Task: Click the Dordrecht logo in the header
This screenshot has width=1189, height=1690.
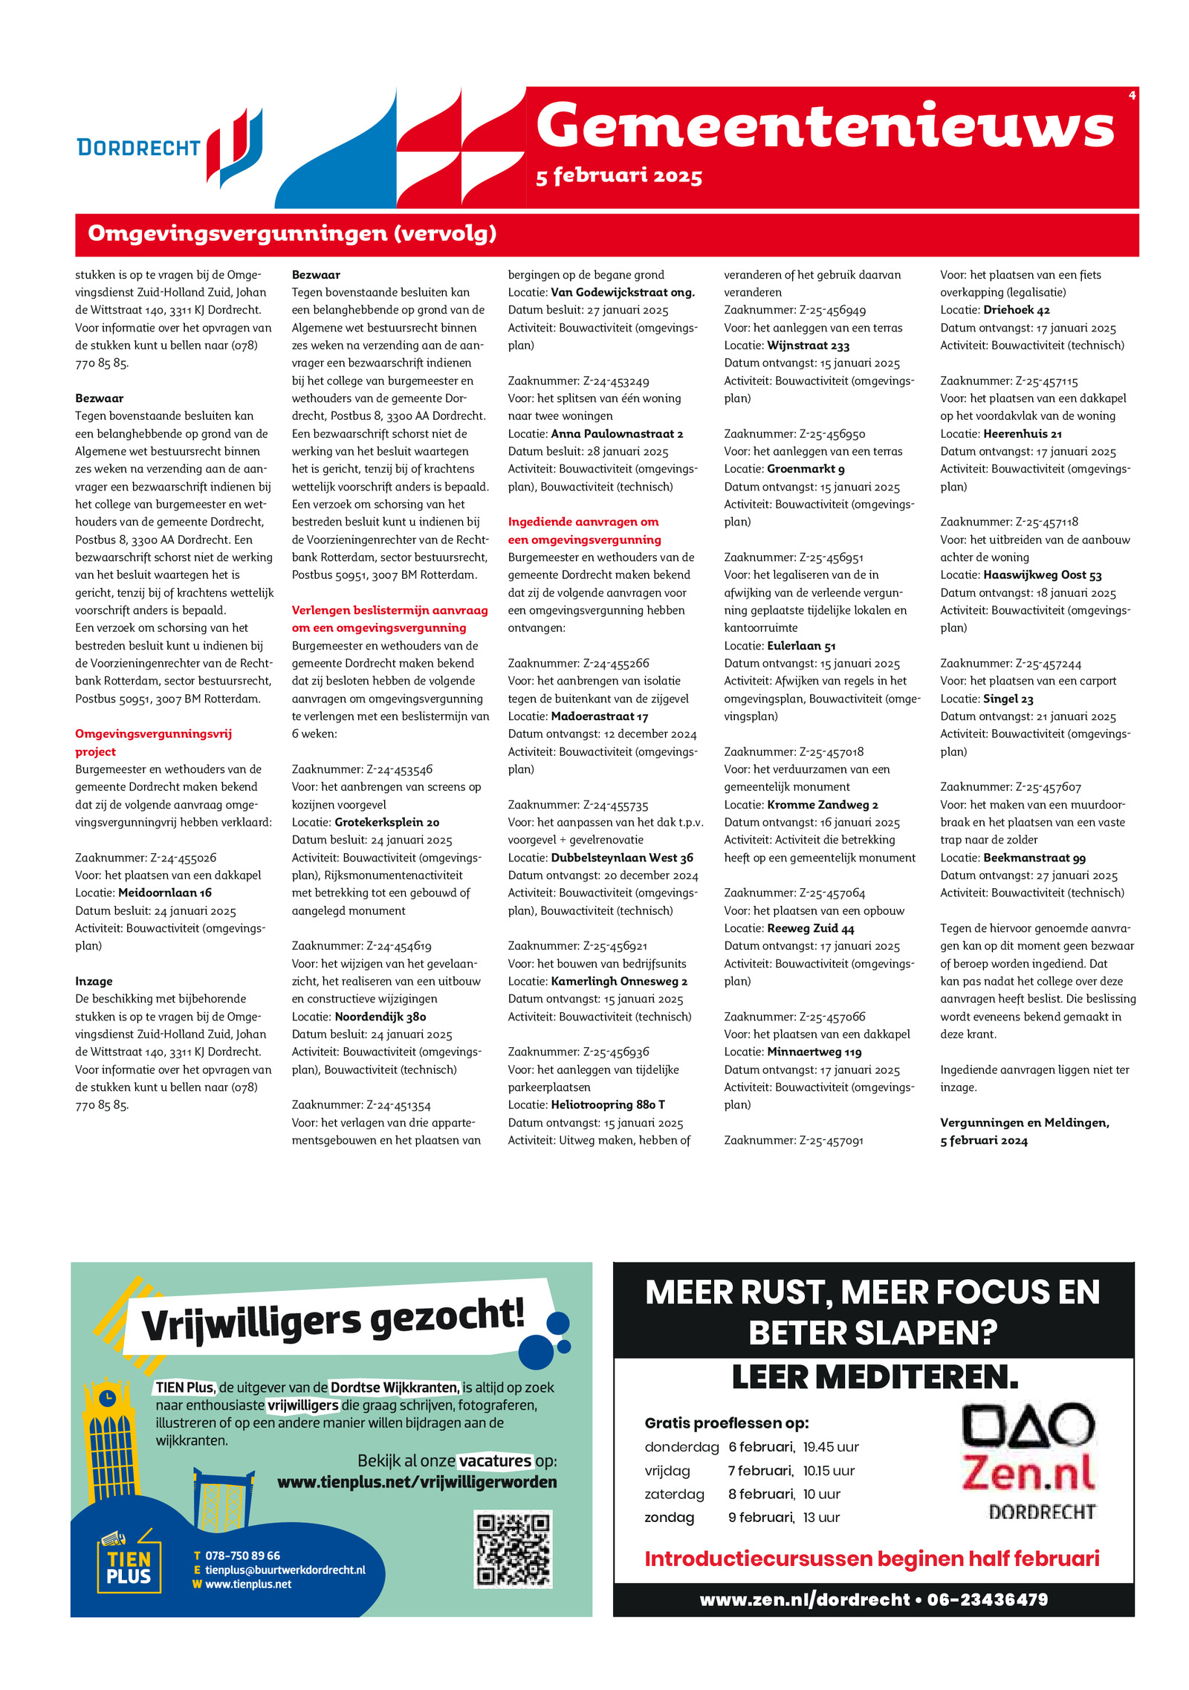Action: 169,147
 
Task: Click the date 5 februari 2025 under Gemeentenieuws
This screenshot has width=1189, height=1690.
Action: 618,176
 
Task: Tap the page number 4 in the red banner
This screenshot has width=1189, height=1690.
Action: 1131,95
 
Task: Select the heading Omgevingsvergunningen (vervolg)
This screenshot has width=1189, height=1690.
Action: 292,233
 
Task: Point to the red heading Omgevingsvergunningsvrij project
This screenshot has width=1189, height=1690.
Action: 153,742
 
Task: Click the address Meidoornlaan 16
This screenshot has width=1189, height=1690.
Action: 164,893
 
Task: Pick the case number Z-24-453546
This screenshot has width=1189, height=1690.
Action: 399,769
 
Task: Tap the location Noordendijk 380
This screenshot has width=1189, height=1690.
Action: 380,1017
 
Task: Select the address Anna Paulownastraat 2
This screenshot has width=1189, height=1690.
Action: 617,433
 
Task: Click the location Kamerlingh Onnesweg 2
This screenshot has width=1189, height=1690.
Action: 618,981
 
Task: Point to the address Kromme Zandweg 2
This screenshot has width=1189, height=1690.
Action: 822,804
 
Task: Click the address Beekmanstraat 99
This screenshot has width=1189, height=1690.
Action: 1034,858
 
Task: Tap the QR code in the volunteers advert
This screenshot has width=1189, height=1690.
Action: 513,1550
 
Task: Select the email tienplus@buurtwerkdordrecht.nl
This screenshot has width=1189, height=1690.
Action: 285,1570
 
